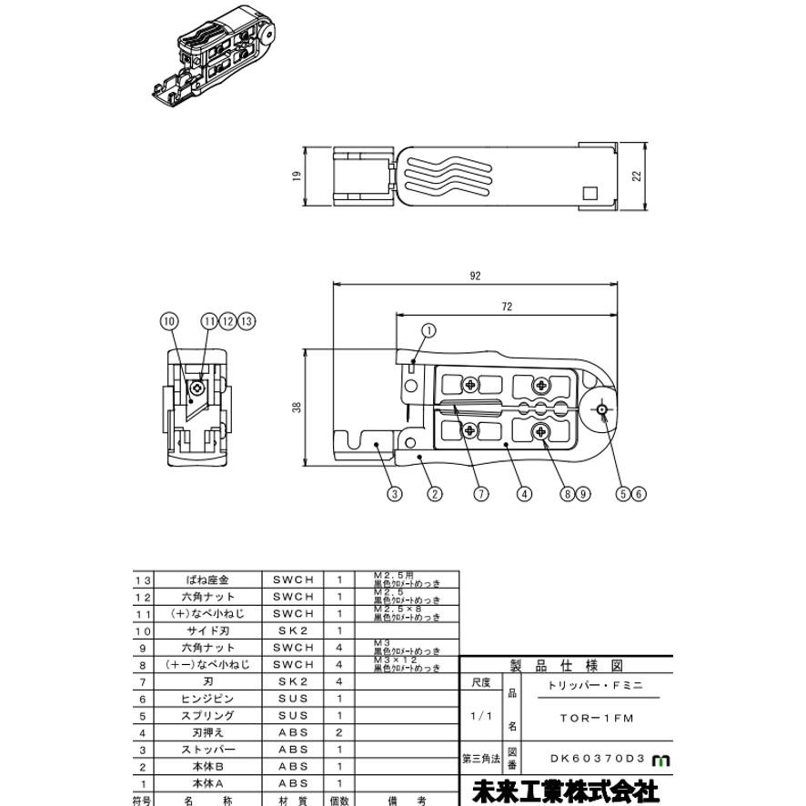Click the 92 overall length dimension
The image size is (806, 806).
coord(474,276)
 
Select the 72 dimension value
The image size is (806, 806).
coord(506,307)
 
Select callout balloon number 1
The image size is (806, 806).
coord(428,330)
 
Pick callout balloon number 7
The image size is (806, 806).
coord(480,494)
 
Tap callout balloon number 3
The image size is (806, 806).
coord(394,494)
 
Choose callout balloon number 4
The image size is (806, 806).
coord(524,494)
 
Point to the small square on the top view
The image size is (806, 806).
coord(589,193)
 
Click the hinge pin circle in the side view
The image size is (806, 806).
coord(602,412)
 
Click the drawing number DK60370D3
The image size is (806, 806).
coord(597,758)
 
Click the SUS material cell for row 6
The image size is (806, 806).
coord(292,699)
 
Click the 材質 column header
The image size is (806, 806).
coord(292,801)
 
